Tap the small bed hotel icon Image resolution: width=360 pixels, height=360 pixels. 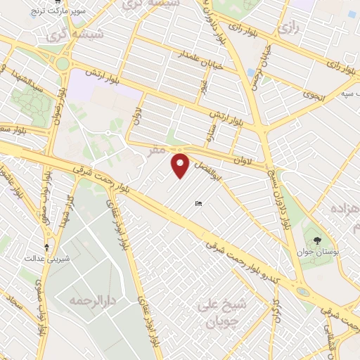click(198, 204)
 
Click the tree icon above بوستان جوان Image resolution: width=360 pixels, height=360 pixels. click(318, 240)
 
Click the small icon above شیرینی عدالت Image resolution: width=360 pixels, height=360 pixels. click(47, 247)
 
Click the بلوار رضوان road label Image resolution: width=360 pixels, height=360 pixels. click(58, 106)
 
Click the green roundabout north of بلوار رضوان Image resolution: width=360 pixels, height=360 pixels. click(62, 64)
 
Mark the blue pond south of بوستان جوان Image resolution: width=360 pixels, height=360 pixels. click(303, 291)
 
